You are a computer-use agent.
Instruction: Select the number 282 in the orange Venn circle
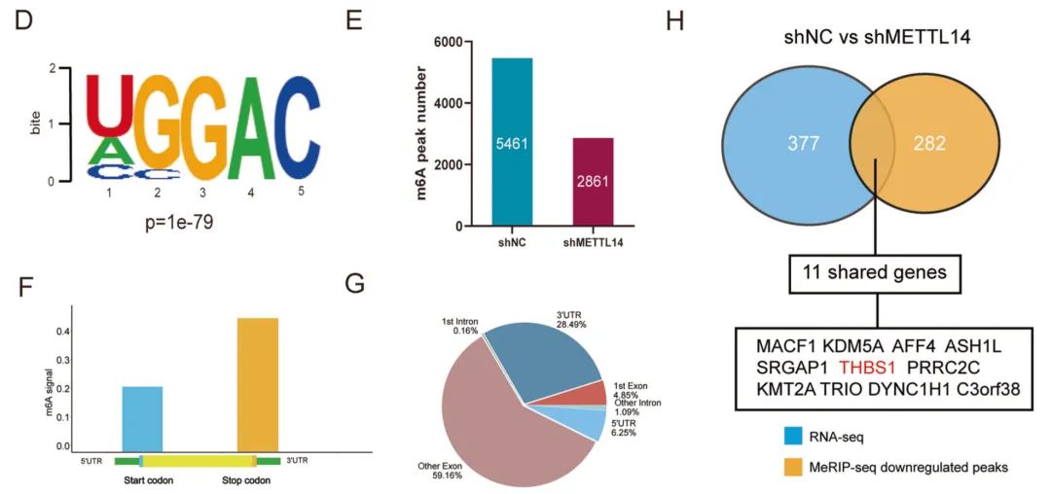point(932,144)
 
